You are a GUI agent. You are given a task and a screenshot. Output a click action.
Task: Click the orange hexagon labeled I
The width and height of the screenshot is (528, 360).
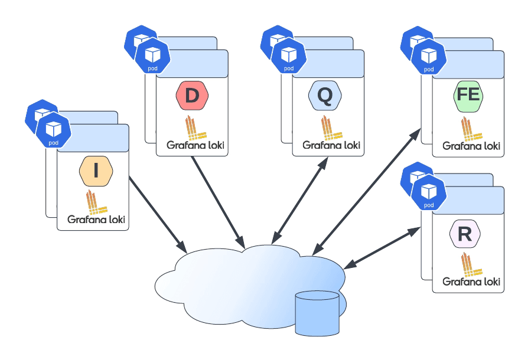tap(96, 171)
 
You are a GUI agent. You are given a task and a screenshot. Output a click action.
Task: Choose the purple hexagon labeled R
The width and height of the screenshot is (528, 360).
tap(465, 234)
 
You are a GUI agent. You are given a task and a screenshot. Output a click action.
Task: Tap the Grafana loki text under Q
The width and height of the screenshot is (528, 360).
tap(331, 145)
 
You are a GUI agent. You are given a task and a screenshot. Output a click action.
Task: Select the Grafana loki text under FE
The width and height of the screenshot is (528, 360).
tap(471, 145)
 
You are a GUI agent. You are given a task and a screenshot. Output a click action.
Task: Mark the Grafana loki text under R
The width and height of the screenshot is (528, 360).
tap(471, 282)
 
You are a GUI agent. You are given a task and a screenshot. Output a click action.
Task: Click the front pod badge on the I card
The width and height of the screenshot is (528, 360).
tap(53, 131)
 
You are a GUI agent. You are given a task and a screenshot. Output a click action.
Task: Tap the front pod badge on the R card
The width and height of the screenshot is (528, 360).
tap(429, 194)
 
